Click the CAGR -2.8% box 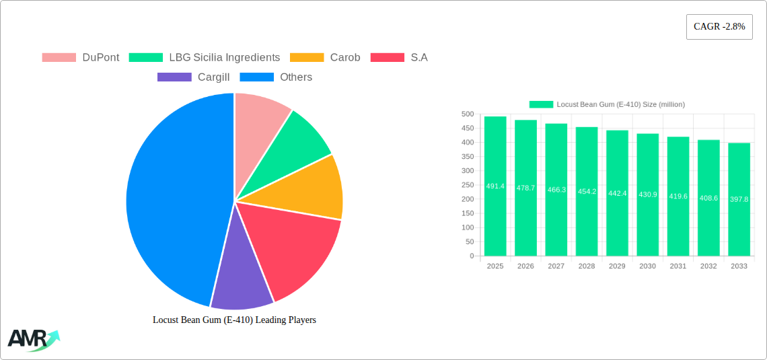point(719,27)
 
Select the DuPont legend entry point(81,57)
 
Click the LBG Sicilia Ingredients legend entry point(205,57)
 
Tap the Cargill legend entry point(194,77)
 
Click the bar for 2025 point(495,186)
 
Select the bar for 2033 point(739,199)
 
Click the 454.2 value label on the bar point(587,192)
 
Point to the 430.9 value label point(647,195)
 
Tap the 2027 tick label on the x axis point(556,266)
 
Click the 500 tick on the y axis point(468,114)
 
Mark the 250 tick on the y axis point(468,185)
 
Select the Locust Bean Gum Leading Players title point(234,320)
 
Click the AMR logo point(32,339)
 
